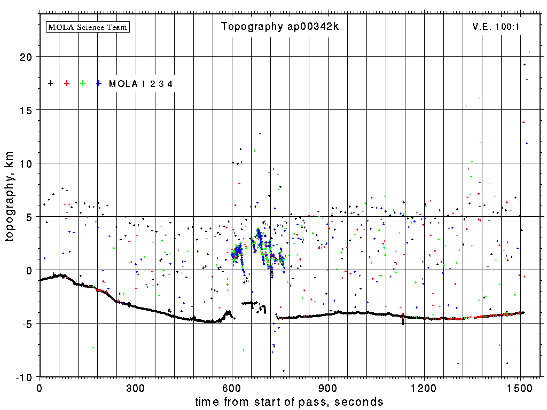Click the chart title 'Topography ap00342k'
coord(280,27)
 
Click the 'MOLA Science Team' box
coord(88,27)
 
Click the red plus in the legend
coord(67,83)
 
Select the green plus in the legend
coord(83,83)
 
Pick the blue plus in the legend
coord(99,83)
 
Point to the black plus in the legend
coord(51,83)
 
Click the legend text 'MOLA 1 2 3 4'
coord(140,84)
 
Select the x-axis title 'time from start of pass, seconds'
coord(289,401)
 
